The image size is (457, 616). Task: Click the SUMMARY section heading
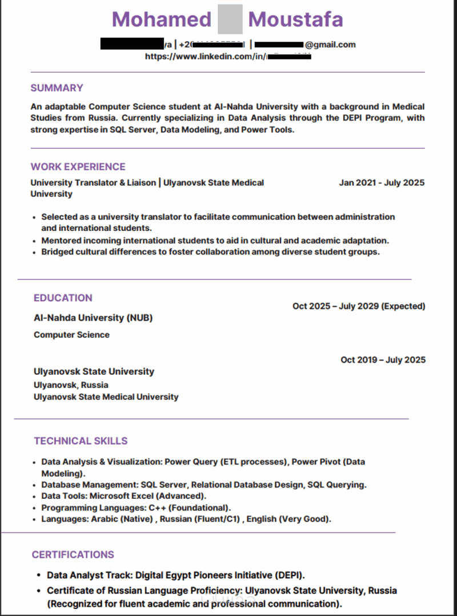click(x=57, y=88)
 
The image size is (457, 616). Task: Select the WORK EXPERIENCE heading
click(x=78, y=167)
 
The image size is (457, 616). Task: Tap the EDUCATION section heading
click(x=63, y=298)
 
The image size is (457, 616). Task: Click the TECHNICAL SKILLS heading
click(x=81, y=441)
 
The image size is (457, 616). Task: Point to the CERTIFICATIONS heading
click(x=73, y=555)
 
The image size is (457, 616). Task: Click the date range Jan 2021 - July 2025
click(x=382, y=183)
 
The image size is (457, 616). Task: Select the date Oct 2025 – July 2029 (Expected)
click(x=359, y=306)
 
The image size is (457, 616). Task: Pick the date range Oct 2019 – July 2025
click(x=383, y=360)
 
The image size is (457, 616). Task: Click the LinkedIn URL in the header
click(x=206, y=57)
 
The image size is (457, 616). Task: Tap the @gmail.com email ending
click(x=330, y=45)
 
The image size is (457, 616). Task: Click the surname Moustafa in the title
click(x=295, y=19)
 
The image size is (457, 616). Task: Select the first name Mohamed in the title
click(x=162, y=19)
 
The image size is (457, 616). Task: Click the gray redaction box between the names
click(x=230, y=19)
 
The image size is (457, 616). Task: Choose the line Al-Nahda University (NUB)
click(x=93, y=318)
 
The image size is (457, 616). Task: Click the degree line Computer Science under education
click(x=71, y=335)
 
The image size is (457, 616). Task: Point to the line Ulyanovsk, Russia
click(x=71, y=385)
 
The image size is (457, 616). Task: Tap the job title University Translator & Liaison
click(x=93, y=183)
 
